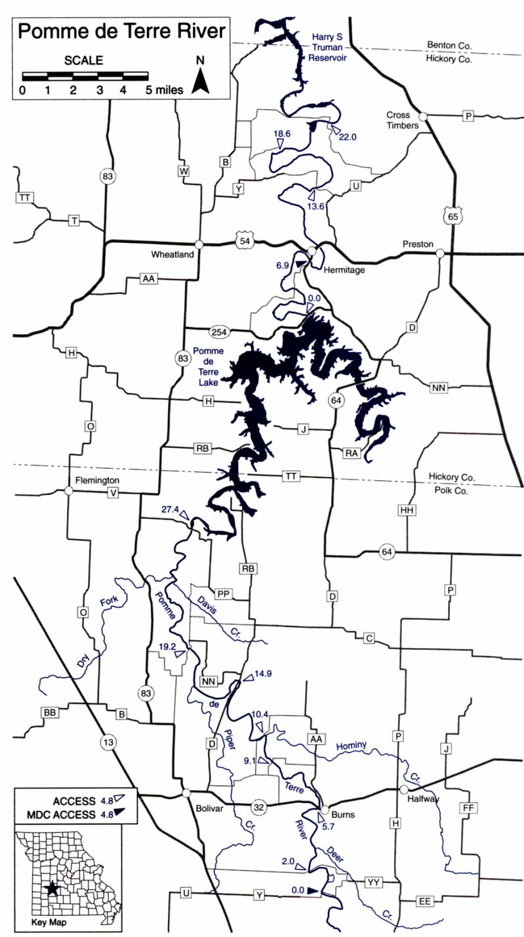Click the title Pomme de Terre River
pos(121,31)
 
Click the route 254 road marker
pos(218,330)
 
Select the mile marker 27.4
pos(169,510)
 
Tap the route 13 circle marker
pos(108,742)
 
